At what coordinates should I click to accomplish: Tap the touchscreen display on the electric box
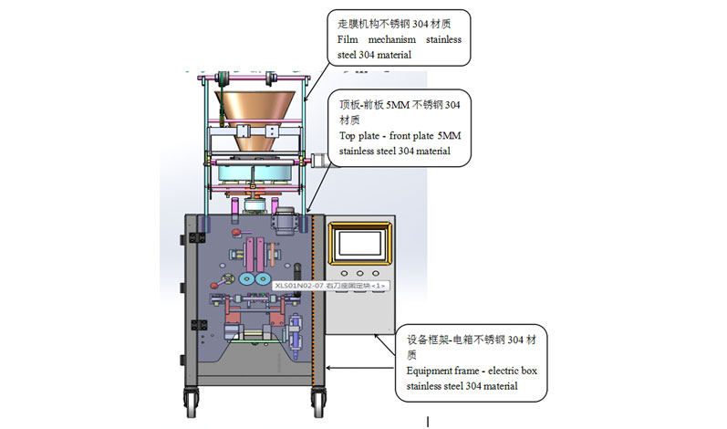pos(360,242)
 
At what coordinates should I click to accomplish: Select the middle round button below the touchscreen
pos(360,273)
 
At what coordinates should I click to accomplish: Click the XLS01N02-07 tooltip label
pos(329,286)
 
